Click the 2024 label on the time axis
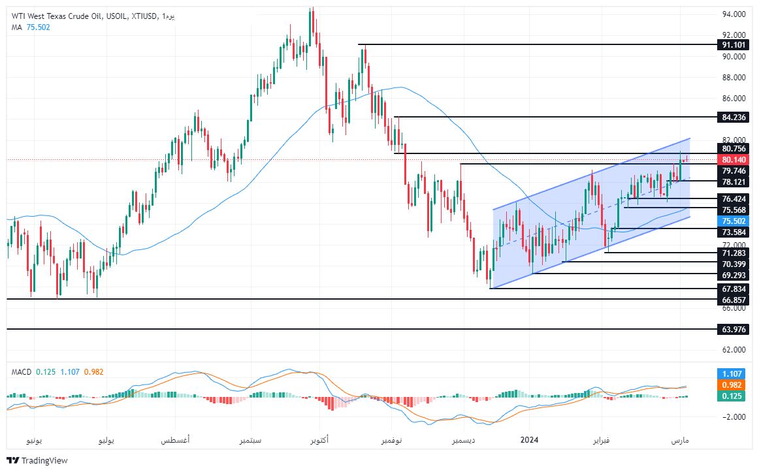[530, 441]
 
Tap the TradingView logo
[37, 461]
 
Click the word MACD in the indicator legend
[22, 372]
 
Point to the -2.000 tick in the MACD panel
[732, 417]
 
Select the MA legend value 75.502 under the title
[38, 27]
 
